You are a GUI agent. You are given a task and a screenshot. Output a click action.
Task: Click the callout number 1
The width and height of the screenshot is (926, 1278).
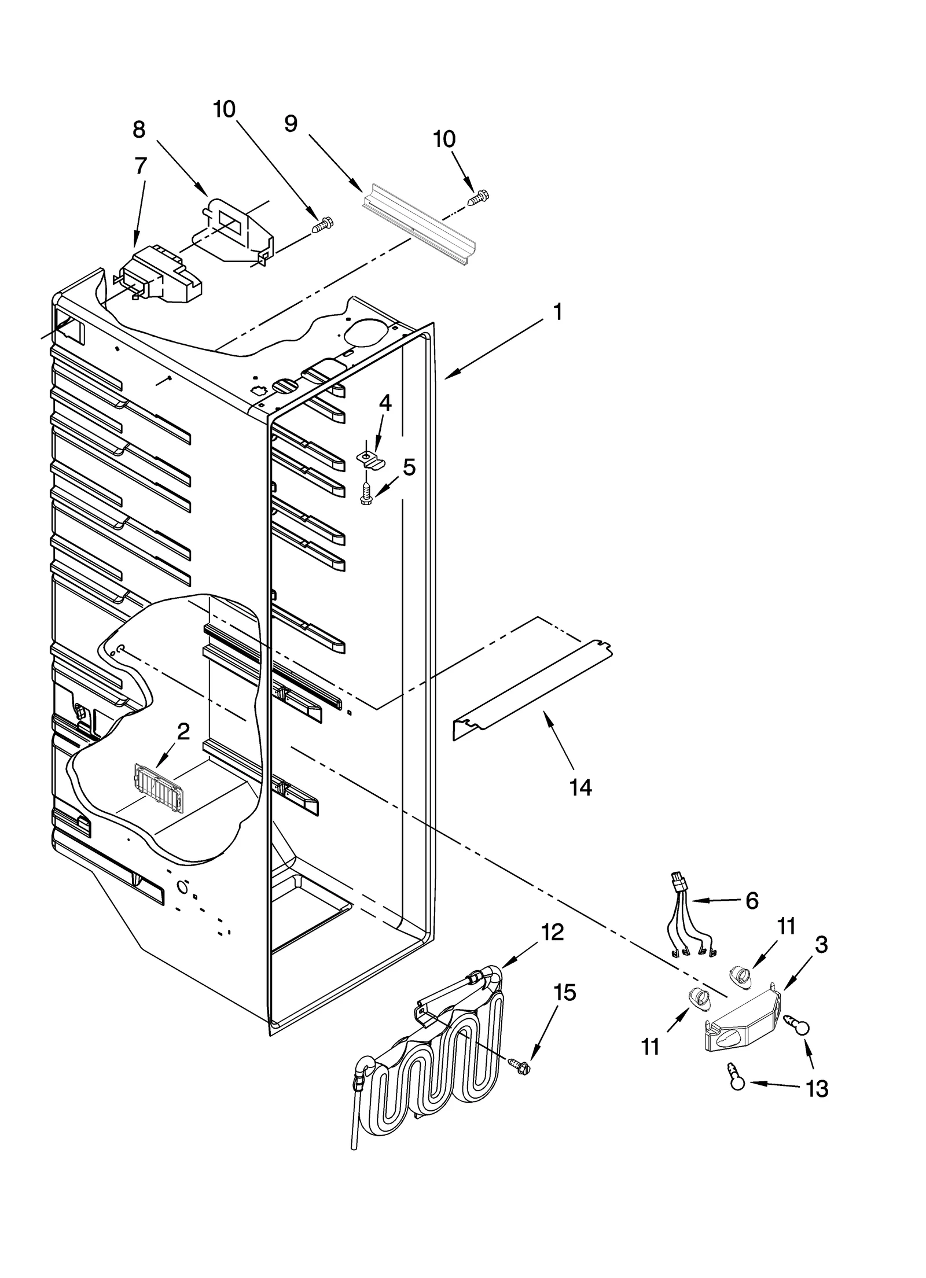557,313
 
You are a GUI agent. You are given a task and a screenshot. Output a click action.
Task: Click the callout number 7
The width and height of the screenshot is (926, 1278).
141,165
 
